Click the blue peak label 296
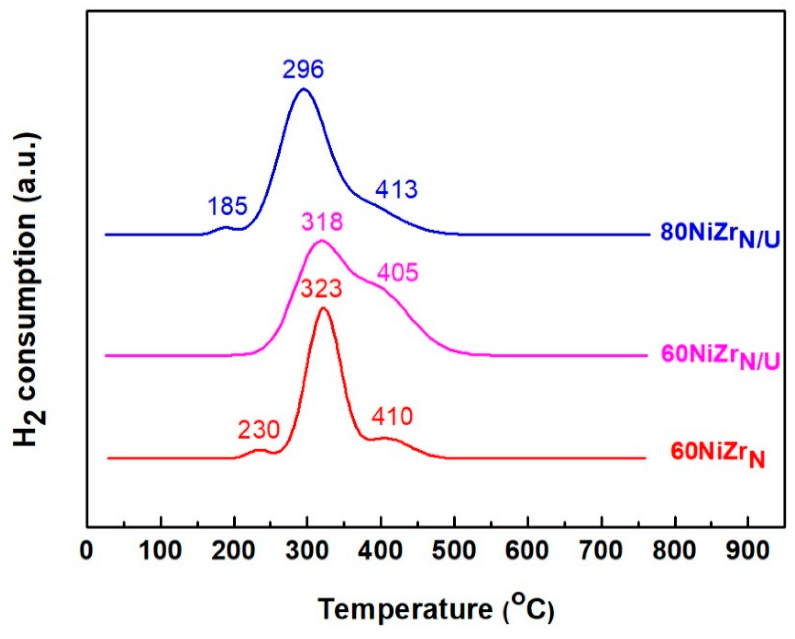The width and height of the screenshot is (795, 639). tap(303, 69)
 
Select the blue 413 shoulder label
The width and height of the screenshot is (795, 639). tap(396, 190)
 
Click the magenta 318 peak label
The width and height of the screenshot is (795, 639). tap(322, 222)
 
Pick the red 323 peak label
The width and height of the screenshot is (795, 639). tap(320, 289)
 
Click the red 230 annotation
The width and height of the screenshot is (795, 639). tap(258, 430)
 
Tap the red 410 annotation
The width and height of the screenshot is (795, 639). tap(392, 416)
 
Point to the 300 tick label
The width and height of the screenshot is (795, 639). tap(307, 551)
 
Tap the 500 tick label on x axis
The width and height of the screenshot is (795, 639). tap(454, 551)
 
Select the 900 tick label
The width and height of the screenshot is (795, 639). tap(748, 551)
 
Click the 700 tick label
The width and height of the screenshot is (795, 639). tap(601, 551)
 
